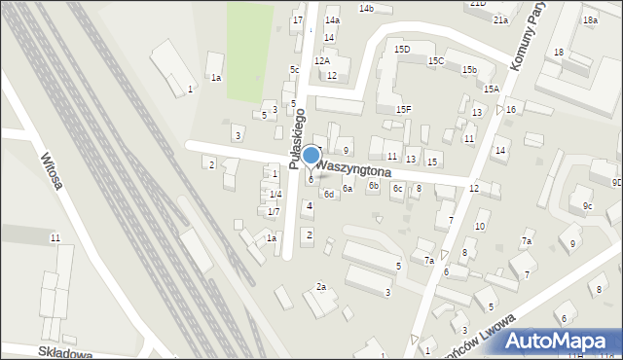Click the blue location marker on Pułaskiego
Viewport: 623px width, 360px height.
point(311,156)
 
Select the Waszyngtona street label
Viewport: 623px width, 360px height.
point(355,168)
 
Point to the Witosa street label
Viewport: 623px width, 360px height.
point(52,170)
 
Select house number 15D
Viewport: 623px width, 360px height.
point(402,49)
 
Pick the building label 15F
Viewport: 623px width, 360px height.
point(403,109)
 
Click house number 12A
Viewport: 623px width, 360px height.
point(321,60)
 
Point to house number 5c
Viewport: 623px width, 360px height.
point(294,69)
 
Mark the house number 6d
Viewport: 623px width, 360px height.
point(329,195)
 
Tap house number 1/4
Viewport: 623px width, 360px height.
point(275,194)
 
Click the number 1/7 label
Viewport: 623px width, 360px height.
point(274,211)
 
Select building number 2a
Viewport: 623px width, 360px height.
point(320,286)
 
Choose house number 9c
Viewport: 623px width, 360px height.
point(587,206)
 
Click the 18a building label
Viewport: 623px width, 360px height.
point(590,19)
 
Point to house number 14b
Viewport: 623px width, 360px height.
point(366,8)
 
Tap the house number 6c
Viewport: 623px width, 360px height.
point(397,188)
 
